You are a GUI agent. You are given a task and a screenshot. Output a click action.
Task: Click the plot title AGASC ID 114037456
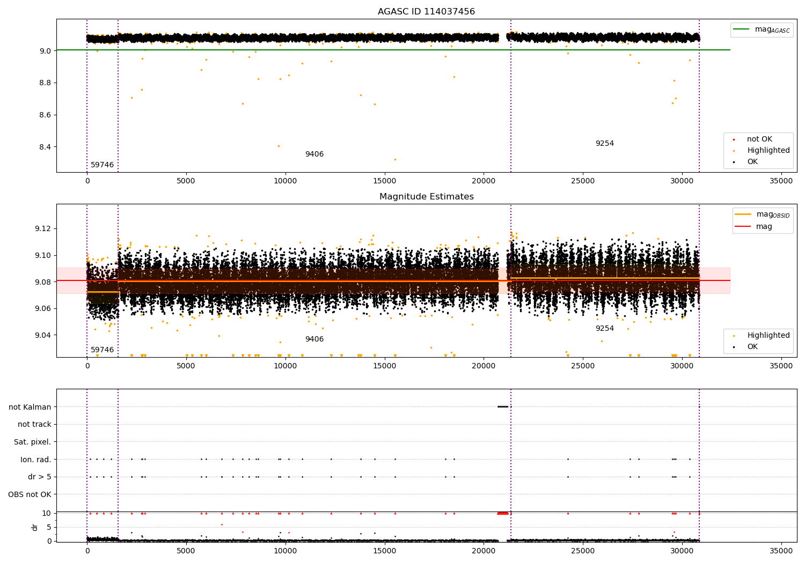[426, 12]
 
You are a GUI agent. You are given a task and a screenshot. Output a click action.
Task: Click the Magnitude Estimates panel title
[426, 197]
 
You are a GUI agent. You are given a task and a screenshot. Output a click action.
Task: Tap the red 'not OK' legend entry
[759, 139]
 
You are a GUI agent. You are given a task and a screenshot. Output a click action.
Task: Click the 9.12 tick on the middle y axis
[42, 229]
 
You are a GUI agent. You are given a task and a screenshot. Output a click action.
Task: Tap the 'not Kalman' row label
[30, 407]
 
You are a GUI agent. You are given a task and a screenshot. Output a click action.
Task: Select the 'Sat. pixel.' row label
[32, 442]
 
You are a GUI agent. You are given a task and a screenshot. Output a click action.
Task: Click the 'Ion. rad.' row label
[35, 460]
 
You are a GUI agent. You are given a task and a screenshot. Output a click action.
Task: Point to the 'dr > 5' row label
[39, 477]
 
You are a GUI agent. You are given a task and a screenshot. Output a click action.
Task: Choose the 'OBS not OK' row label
[30, 494]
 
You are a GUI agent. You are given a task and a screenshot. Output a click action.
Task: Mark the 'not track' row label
[34, 425]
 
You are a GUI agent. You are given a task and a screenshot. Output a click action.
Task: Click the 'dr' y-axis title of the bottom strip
[35, 527]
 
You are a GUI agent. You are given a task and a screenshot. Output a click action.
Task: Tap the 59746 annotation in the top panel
[102, 165]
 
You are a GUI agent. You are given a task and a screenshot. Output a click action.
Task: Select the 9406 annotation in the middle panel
[314, 339]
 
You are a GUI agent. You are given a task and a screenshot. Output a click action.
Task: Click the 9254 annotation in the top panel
[604, 144]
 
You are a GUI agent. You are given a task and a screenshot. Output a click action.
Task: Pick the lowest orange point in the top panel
[395, 159]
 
